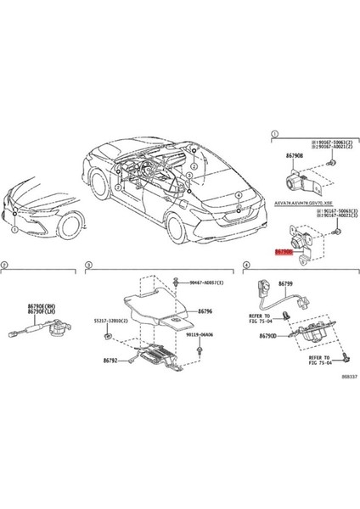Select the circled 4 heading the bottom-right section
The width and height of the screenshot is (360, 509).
click(246, 266)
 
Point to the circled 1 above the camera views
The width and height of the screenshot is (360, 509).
click(274, 134)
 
